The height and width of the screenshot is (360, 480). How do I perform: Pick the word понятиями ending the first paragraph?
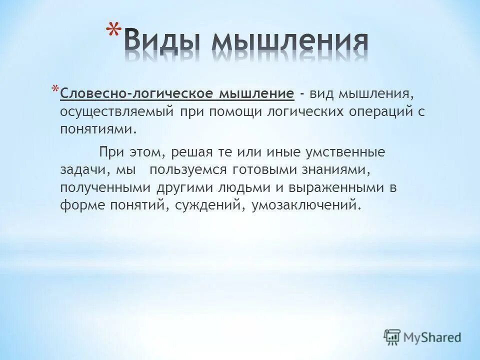pos(98,129)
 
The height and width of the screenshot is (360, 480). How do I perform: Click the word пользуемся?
pos(187,170)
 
